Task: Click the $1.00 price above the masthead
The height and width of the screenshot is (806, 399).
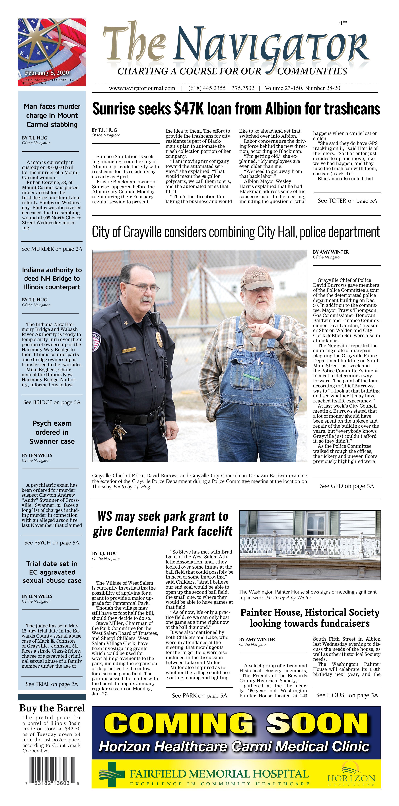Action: (342, 23)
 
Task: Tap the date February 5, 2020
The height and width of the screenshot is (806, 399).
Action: (47, 73)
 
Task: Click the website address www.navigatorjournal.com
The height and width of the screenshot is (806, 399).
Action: (142, 88)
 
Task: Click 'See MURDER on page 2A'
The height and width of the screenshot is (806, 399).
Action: (52, 249)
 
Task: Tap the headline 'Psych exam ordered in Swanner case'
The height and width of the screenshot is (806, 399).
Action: (52, 432)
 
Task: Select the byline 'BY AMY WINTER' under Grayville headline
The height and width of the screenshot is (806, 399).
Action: (331, 252)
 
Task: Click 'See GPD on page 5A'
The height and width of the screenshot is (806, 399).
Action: (347, 486)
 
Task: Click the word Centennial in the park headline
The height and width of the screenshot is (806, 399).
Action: (154, 531)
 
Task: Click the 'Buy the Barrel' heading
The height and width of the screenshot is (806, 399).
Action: (52, 708)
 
